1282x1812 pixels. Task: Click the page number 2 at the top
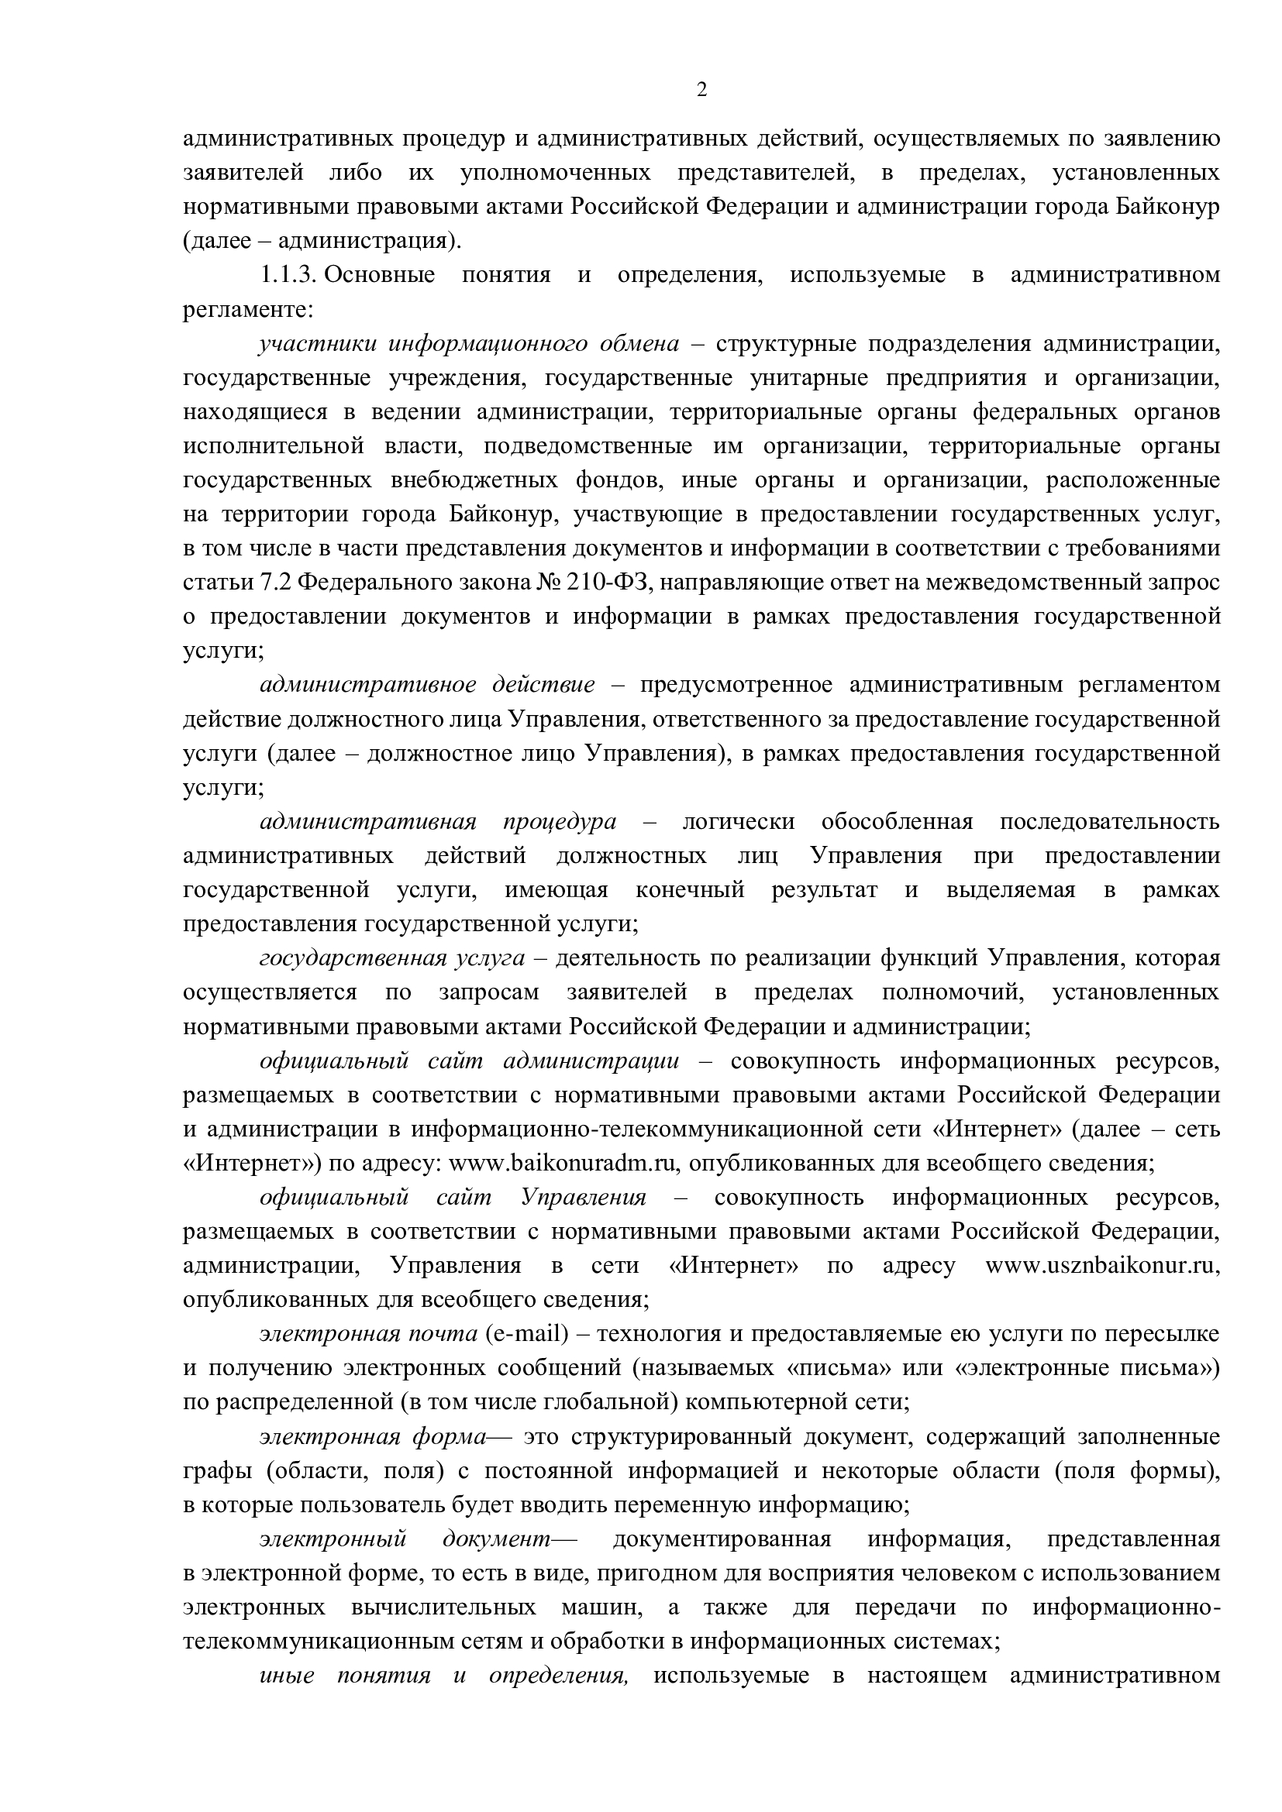(x=701, y=90)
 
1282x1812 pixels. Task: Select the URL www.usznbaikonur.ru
(x=1102, y=1266)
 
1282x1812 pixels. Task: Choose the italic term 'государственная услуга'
(x=391, y=958)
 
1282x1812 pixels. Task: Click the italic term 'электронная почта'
(x=369, y=1334)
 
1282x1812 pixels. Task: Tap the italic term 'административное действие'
(x=427, y=684)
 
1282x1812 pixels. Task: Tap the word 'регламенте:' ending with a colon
(x=249, y=309)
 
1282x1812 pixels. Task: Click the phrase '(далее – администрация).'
(x=322, y=241)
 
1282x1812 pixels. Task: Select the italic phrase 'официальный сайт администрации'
(x=469, y=1061)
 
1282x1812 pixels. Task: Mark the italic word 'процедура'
(x=559, y=821)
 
